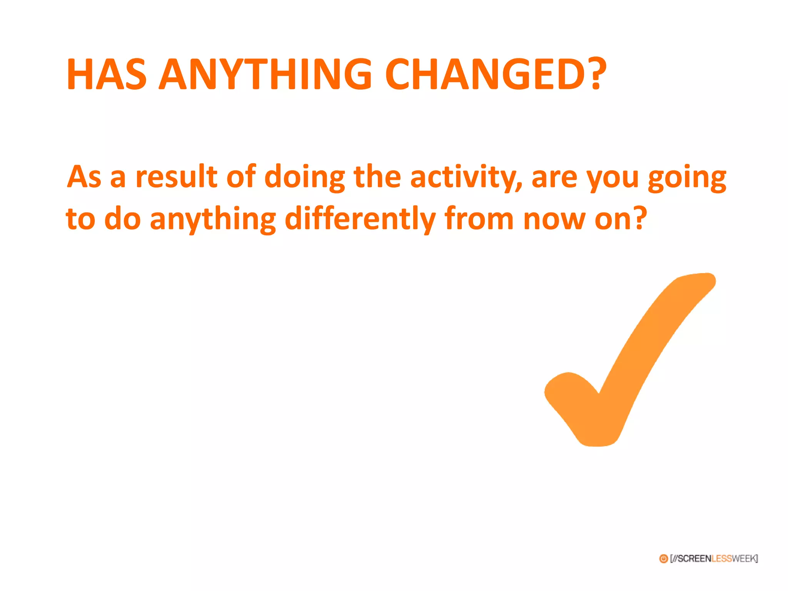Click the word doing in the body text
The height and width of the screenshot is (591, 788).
pyautogui.click(x=305, y=178)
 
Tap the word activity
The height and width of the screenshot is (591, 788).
pyautogui.click(x=466, y=178)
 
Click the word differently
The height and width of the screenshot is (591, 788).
pyautogui.click(x=360, y=219)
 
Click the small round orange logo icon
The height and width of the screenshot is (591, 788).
pyautogui.click(x=663, y=559)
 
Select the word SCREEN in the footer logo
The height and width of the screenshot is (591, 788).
pyautogui.click(x=694, y=559)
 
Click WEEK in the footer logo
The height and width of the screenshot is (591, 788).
pyautogui.click(x=743, y=559)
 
